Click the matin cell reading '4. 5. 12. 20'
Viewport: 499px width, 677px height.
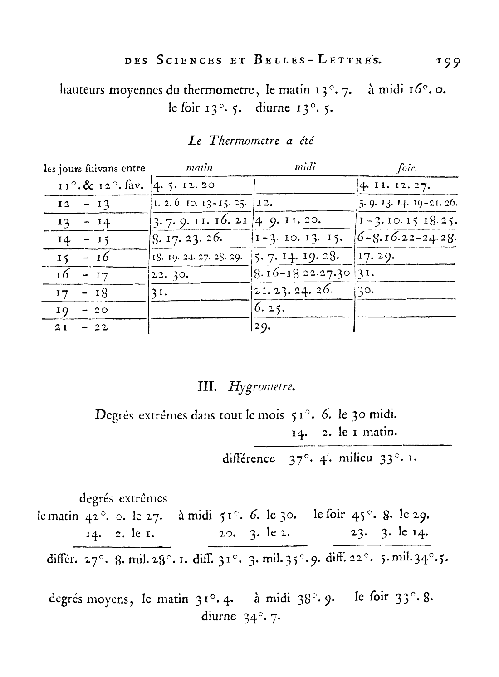coord(184,185)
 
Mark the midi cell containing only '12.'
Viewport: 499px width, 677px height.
coord(264,204)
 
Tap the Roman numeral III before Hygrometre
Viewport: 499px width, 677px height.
coord(208,387)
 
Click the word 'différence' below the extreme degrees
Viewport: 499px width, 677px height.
coord(251,458)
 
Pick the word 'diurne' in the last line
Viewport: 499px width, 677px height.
coord(218,616)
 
